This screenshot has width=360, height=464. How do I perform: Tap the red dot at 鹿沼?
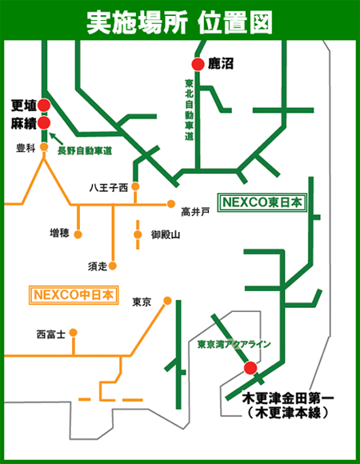pyautogui.click(x=197, y=64)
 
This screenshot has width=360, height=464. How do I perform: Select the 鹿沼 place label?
pyautogui.click(x=221, y=63)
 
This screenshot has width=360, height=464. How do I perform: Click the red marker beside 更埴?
pyautogui.click(x=44, y=106)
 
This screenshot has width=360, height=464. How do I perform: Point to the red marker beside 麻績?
pyautogui.click(x=44, y=123)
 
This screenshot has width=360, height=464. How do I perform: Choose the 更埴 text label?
pyautogui.click(x=22, y=106)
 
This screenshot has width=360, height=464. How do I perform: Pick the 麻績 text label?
pyautogui.click(x=22, y=124)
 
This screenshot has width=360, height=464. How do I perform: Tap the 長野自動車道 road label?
pyautogui.click(x=83, y=150)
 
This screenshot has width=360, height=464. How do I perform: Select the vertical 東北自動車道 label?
pyautogui.click(x=189, y=109)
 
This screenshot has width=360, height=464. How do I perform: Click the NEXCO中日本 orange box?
pyautogui.click(x=73, y=295)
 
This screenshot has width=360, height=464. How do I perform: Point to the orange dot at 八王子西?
pyautogui.click(x=136, y=187)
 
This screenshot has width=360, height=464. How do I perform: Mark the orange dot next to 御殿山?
pyautogui.click(x=137, y=234)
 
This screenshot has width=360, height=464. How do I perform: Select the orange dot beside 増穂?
pyautogui.click(x=78, y=233)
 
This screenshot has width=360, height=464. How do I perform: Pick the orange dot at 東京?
pyautogui.click(x=167, y=301)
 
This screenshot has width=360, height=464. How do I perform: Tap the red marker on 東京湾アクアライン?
pyautogui.click(x=250, y=368)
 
